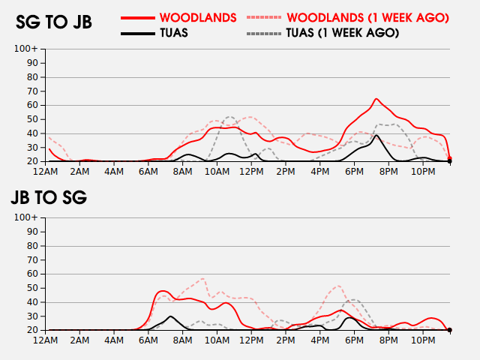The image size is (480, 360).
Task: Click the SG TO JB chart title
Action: point(54,22)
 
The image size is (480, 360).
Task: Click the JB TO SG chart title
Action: point(49,197)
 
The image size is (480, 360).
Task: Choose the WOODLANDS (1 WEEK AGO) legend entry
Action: point(348,16)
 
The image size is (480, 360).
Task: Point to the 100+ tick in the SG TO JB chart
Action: point(26,49)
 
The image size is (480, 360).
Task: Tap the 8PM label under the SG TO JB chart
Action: point(388,172)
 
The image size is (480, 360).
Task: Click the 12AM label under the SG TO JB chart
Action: point(46,172)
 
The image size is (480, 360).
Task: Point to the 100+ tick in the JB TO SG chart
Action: point(26,218)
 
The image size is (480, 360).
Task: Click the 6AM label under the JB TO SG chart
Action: point(148,340)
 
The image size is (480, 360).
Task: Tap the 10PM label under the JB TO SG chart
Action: point(422,340)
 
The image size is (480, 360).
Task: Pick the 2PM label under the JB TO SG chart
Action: point(285,340)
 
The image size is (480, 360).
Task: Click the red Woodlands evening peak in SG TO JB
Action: point(376,99)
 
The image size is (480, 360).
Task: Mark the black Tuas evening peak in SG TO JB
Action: point(376,136)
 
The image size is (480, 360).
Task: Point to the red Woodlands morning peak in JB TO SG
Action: point(164,290)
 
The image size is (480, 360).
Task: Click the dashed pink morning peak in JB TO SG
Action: point(203,278)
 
